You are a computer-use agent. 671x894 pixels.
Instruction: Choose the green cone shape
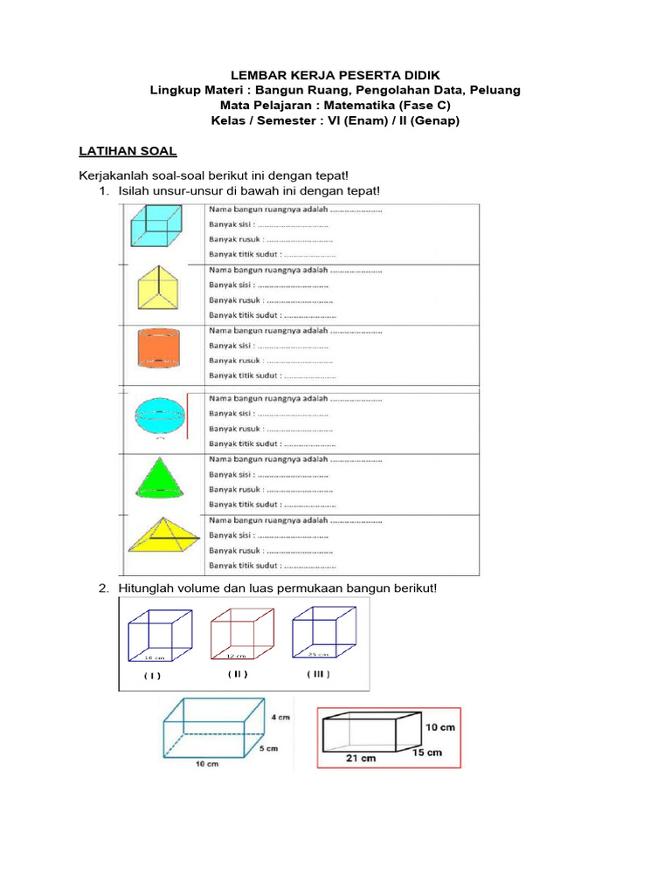[159, 480]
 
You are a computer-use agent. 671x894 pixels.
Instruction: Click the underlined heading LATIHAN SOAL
[128, 151]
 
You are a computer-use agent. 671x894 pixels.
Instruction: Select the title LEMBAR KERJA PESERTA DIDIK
[335, 76]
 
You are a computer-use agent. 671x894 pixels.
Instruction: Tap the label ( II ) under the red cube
[239, 673]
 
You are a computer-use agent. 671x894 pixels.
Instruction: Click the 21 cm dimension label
[361, 758]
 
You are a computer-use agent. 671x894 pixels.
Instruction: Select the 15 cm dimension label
[427, 752]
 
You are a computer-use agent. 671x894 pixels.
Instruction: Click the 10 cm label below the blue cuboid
[206, 765]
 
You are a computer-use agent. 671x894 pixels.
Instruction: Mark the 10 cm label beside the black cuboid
[440, 726]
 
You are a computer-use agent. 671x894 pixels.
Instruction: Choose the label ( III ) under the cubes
[318, 673]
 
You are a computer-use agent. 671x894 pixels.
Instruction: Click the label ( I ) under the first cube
[153, 675]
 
